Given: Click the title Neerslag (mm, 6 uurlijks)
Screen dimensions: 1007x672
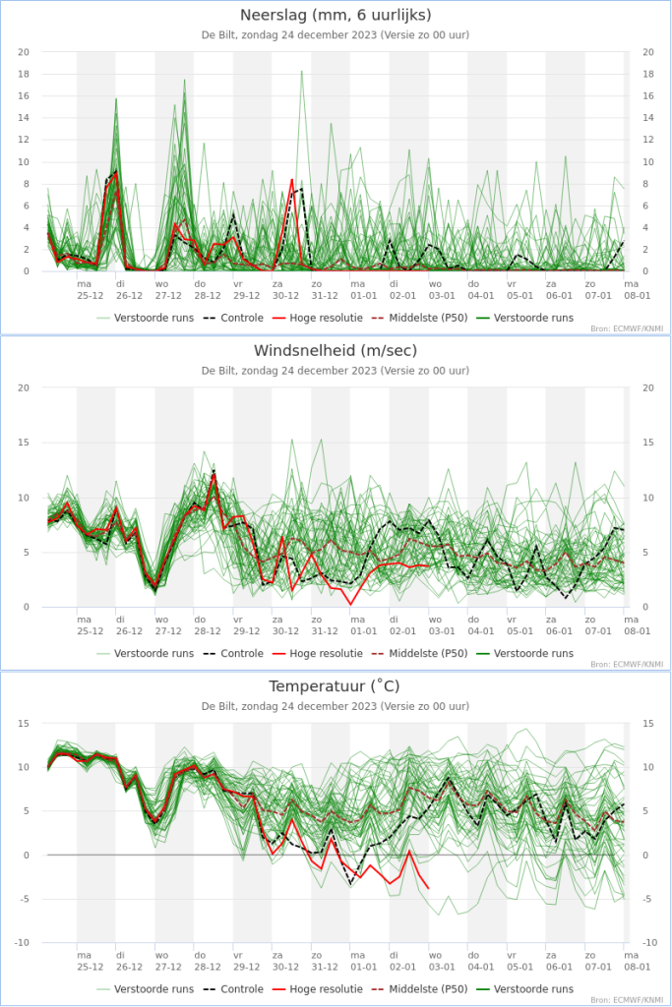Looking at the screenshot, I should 336,15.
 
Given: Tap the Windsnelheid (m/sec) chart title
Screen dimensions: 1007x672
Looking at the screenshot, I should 336,350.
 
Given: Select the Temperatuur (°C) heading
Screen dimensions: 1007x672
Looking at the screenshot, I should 336,685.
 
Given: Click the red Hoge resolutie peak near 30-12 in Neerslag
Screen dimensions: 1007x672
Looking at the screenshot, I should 292,179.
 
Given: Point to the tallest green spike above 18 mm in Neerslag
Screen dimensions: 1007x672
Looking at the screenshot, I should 302,71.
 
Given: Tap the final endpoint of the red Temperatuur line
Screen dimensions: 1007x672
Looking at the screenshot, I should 428,888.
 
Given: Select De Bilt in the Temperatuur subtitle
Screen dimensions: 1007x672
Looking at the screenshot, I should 220,706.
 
